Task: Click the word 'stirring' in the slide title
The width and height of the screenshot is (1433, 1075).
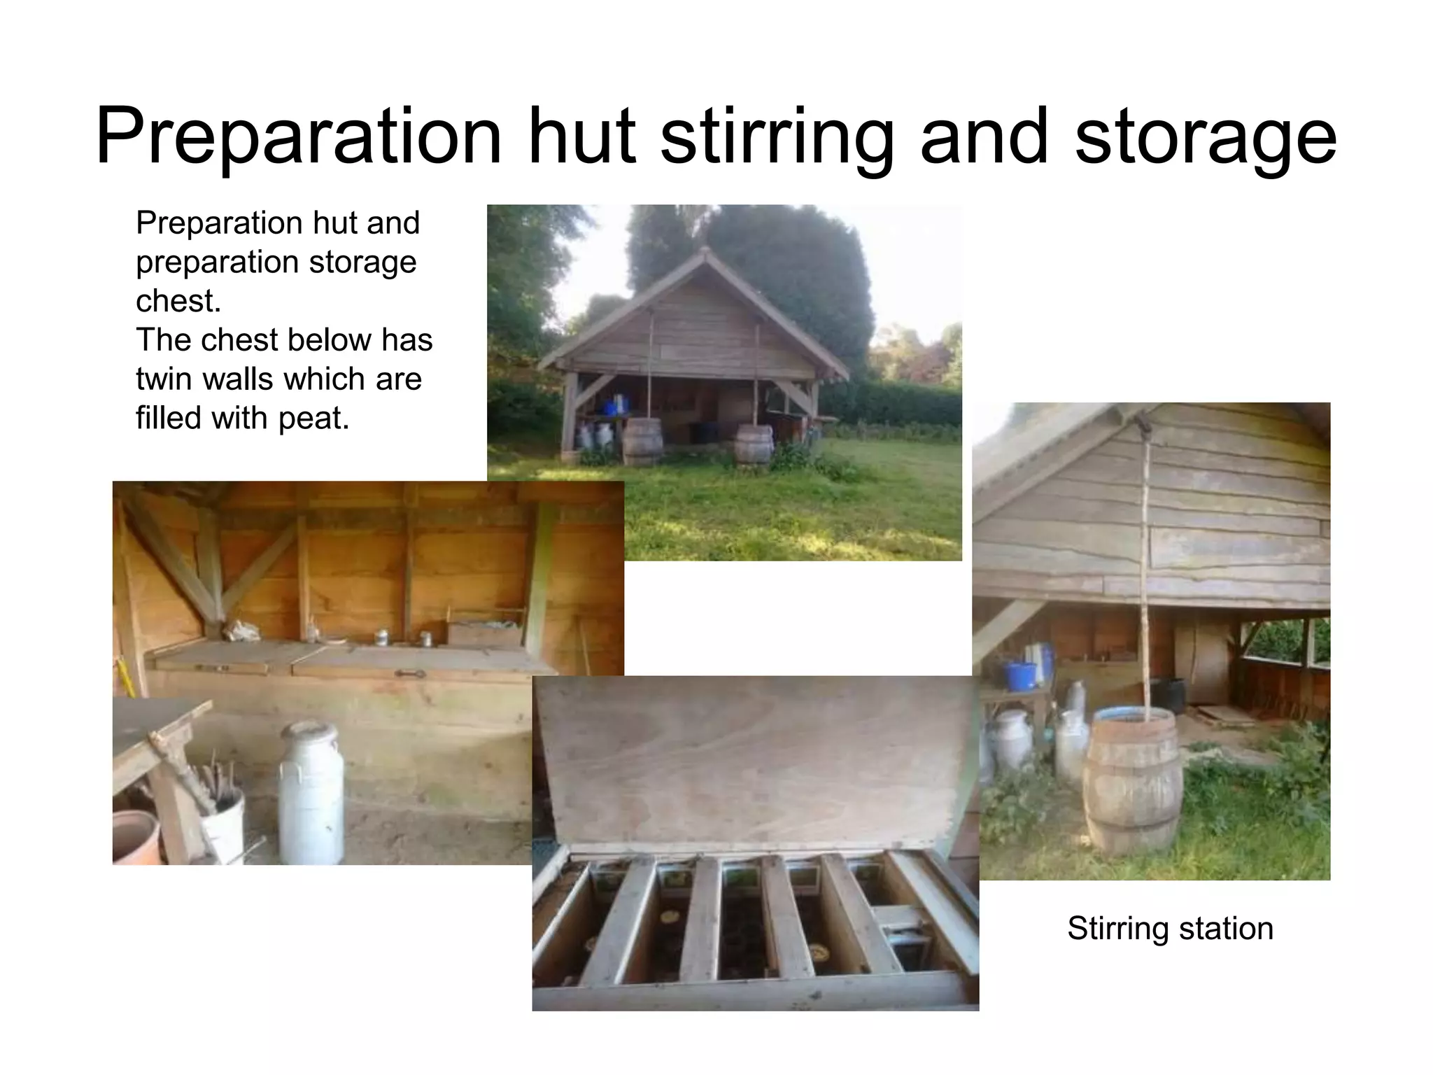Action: tap(777, 136)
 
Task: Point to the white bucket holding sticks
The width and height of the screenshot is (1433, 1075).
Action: tap(223, 826)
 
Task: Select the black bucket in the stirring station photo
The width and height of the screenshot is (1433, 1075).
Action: tap(1166, 695)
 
